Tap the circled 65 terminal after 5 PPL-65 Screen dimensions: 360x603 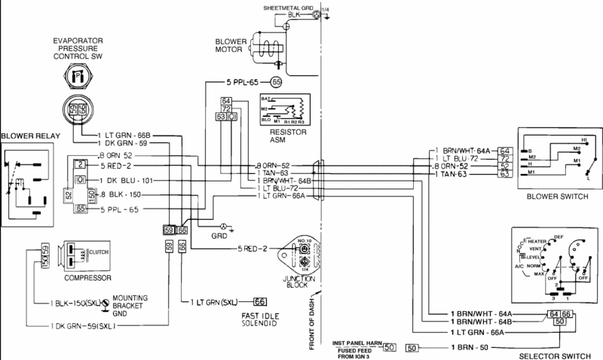coord(277,81)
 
